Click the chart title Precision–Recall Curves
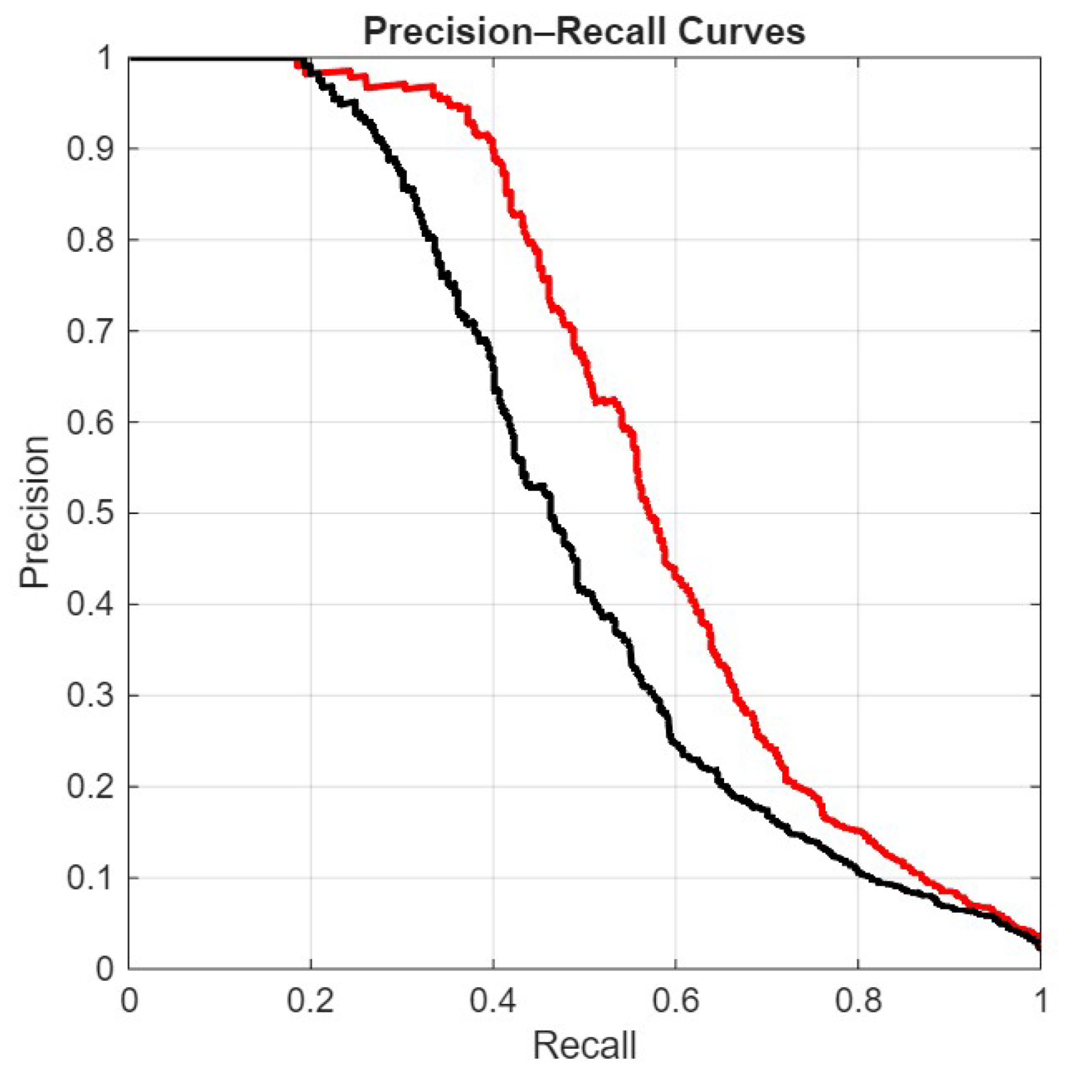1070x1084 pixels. pyautogui.click(x=584, y=31)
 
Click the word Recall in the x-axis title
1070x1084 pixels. pyautogui.click(x=584, y=1046)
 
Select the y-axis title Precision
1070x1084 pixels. pyautogui.click(x=34, y=512)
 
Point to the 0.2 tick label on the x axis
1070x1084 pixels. pyautogui.click(x=310, y=1001)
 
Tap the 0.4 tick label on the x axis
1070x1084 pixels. pyautogui.click(x=493, y=1001)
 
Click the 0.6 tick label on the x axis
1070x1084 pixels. pyautogui.click(x=675, y=1001)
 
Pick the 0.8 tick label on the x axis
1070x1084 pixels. pyautogui.click(x=858, y=1001)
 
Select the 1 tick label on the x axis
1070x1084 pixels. pyautogui.click(x=1040, y=1001)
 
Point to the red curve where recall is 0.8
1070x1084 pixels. pyautogui.click(x=858, y=831)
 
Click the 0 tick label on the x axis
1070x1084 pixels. pyautogui.click(x=129, y=1001)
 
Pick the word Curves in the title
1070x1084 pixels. pyautogui.click(x=742, y=31)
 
